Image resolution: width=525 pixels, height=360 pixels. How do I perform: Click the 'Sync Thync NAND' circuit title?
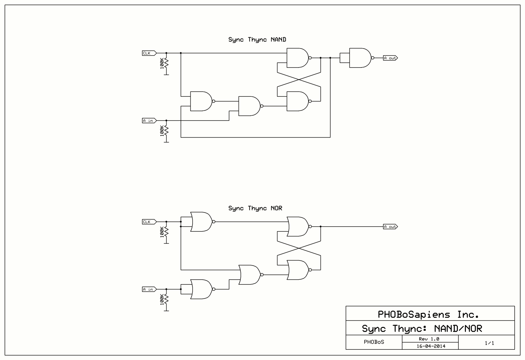pyautogui.click(x=257, y=40)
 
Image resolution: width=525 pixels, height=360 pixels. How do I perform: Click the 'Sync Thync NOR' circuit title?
pyautogui.click(x=255, y=208)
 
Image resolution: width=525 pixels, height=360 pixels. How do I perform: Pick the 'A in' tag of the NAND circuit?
pyautogui.click(x=149, y=121)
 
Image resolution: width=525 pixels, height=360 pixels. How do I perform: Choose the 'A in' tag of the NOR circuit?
pyautogui.click(x=149, y=289)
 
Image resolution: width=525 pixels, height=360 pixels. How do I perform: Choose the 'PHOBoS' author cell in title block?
pyautogui.click(x=374, y=342)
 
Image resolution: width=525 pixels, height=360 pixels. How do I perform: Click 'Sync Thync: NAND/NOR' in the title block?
pyautogui.click(x=422, y=328)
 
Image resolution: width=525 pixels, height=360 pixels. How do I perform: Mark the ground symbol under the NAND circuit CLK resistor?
pyautogui.click(x=166, y=74)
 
